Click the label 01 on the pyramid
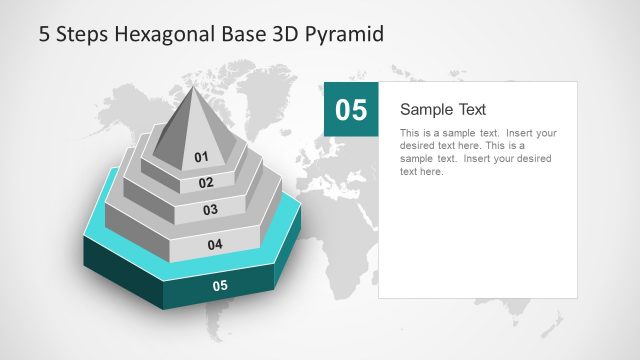[201, 157]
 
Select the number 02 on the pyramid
[206, 183]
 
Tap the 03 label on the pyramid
[210, 210]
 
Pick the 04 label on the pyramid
[214, 244]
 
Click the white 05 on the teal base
[220, 286]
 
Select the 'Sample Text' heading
[443, 109]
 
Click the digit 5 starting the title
[44, 34]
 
